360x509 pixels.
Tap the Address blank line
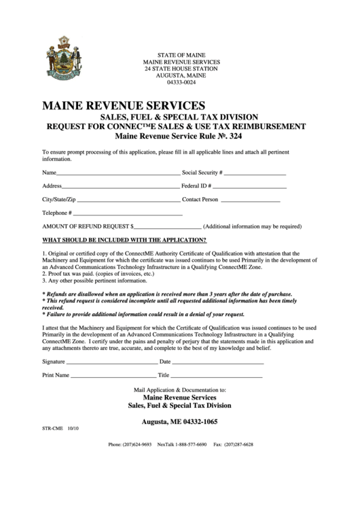point(120,188)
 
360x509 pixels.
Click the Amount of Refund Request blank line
point(168,228)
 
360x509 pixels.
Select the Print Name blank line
point(113,376)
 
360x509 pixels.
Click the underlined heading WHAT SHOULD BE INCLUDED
point(124,240)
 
